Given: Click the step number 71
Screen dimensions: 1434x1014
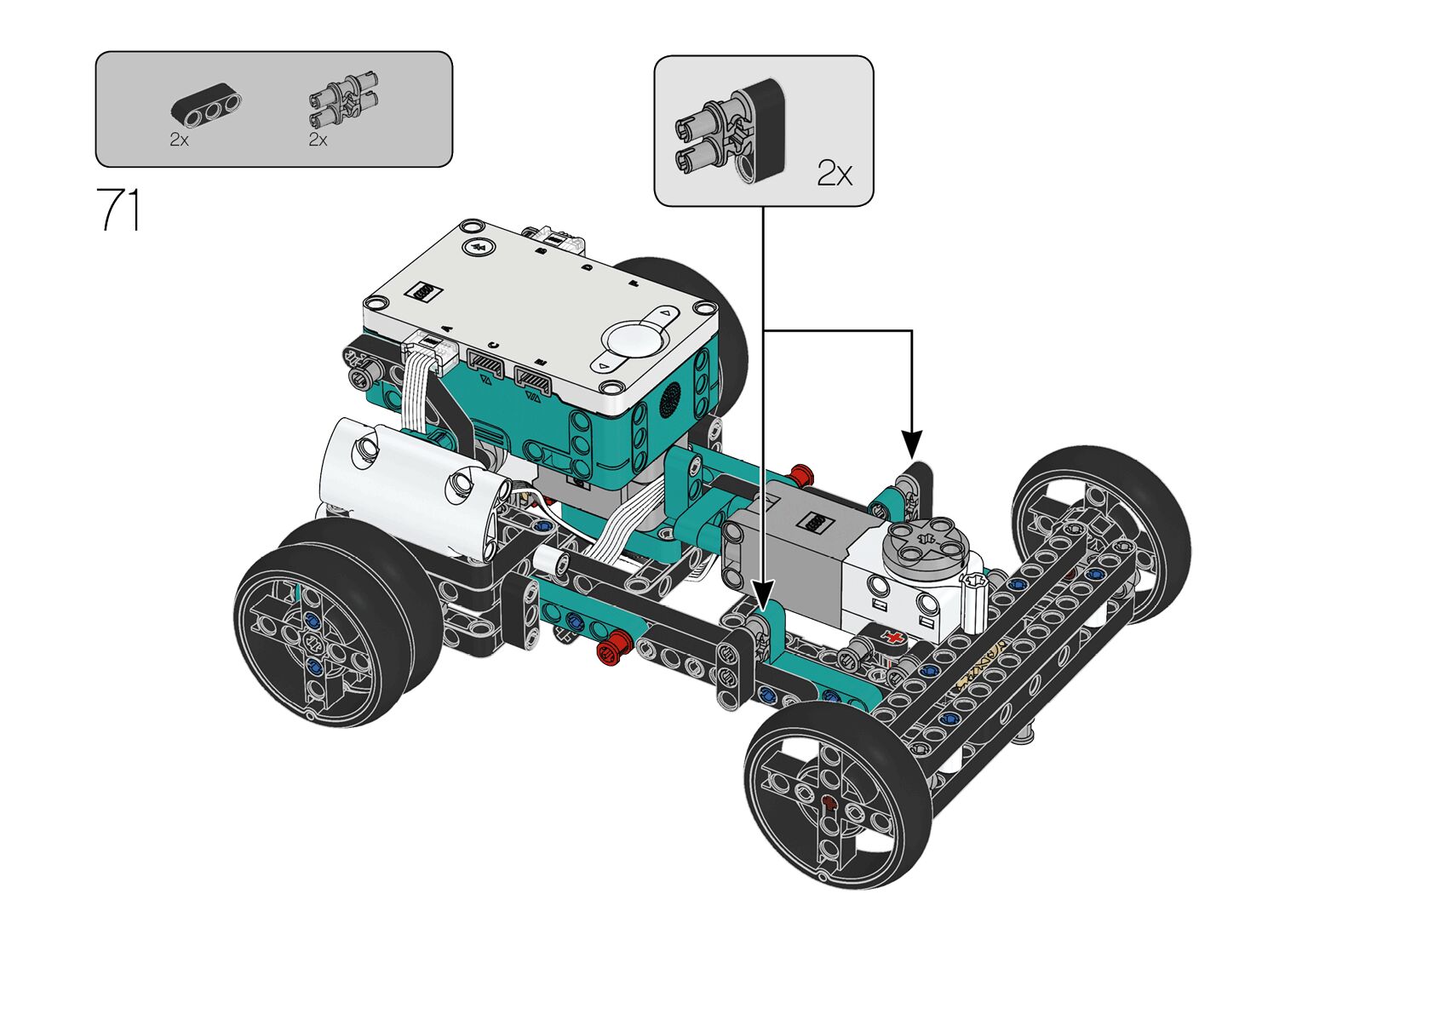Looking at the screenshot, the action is (x=118, y=209).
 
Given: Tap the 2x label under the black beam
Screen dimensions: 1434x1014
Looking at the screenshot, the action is (x=179, y=140).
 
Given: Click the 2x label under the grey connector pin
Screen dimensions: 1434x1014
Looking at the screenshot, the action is (x=318, y=140).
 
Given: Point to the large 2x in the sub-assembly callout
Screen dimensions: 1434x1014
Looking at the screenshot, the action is (x=835, y=174).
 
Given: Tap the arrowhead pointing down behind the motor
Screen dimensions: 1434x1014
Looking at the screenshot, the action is (x=912, y=444).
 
